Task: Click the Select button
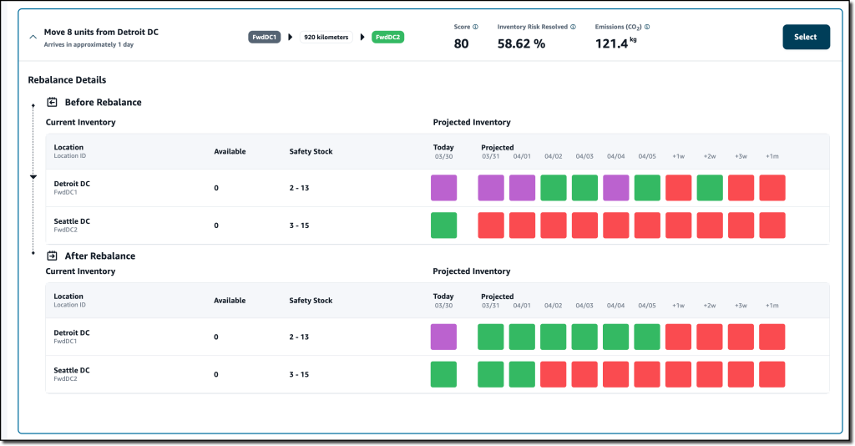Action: click(x=806, y=37)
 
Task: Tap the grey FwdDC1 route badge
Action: click(x=265, y=37)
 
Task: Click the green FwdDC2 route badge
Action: click(x=388, y=37)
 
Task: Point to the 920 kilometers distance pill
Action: click(x=326, y=37)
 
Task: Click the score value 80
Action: click(x=461, y=43)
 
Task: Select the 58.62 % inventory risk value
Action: click(x=521, y=43)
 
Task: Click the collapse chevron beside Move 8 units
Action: click(x=33, y=38)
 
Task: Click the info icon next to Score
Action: click(x=476, y=27)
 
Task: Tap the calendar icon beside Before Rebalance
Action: click(x=52, y=102)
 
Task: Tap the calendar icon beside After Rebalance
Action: click(x=52, y=256)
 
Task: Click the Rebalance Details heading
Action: click(x=67, y=80)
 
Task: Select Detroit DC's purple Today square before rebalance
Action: click(x=443, y=188)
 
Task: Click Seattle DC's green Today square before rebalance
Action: click(x=443, y=226)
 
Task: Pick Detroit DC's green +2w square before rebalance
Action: click(x=710, y=188)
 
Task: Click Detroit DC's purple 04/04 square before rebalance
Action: click(x=616, y=188)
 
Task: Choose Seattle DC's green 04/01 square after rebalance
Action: click(x=522, y=374)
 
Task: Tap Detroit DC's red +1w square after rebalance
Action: click(x=679, y=337)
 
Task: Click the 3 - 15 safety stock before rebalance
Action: click(x=299, y=226)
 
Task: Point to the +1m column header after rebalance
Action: click(x=772, y=306)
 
